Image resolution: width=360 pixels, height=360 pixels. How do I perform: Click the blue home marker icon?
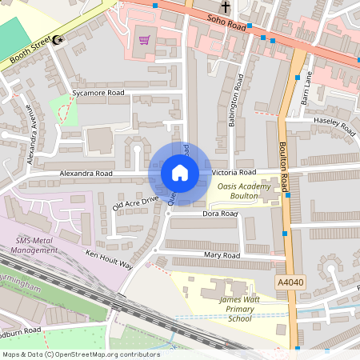coord(179,173)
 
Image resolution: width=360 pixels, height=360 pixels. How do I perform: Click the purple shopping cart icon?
coord(145,40)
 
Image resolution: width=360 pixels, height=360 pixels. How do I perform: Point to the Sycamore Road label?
coord(98,94)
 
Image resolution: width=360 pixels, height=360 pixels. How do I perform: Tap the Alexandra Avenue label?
coord(32,135)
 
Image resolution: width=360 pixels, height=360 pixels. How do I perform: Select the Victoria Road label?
coord(234,172)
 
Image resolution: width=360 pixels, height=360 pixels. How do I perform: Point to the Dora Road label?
coord(220,214)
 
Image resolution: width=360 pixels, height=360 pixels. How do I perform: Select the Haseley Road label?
coord(335,125)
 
